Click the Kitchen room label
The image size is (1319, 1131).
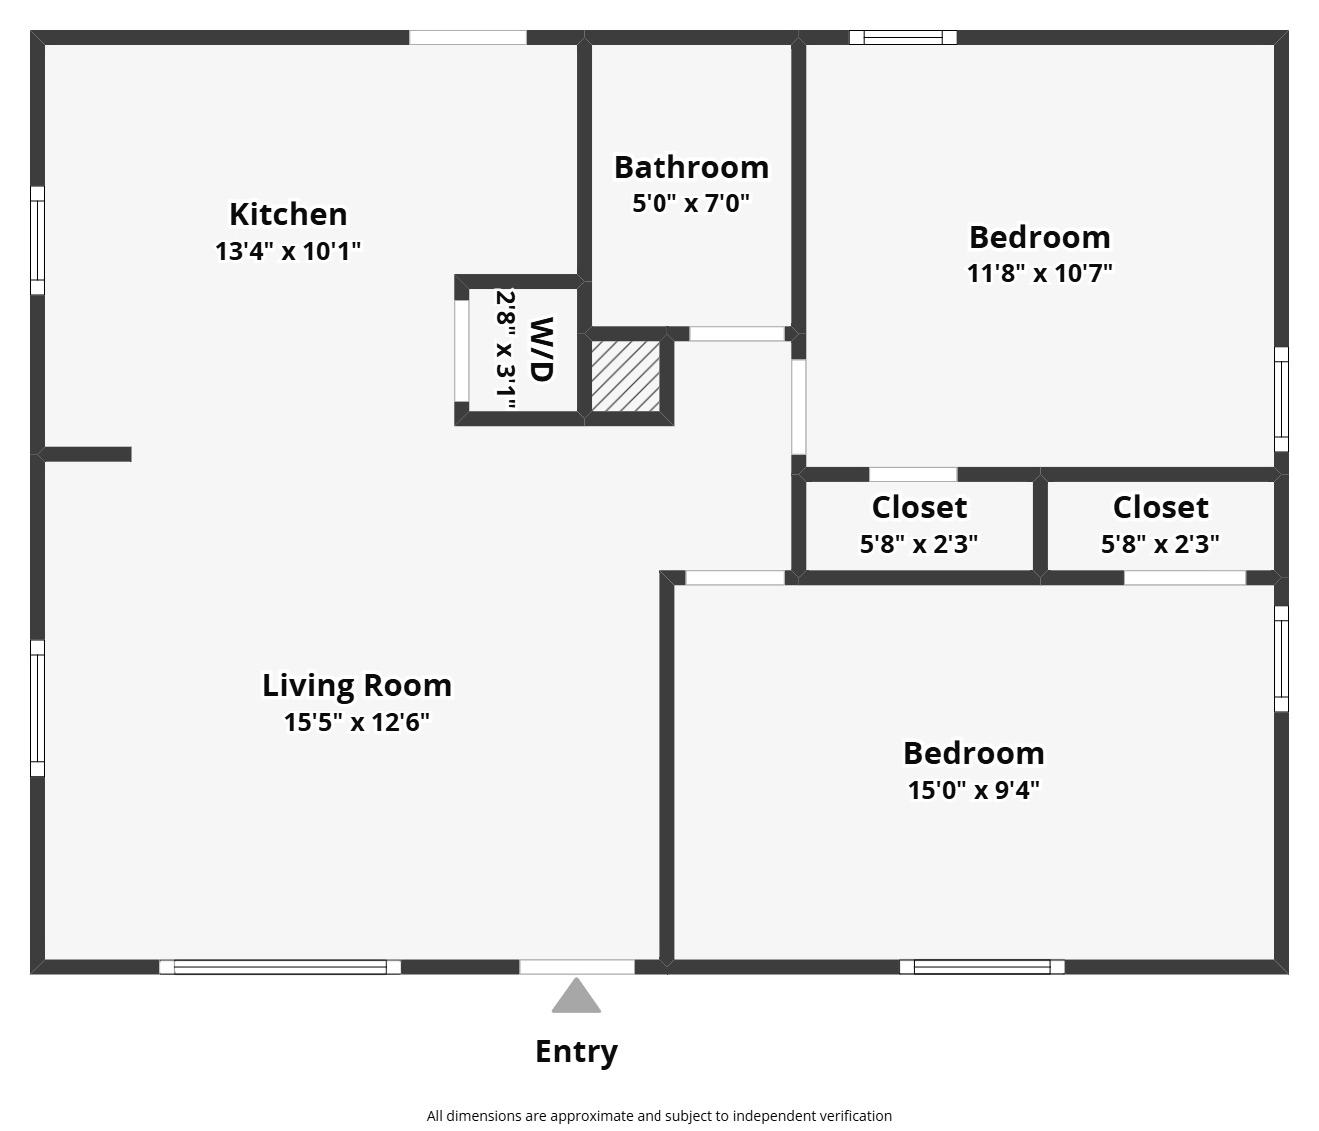(288, 215)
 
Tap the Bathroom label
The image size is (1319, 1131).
(691, 168)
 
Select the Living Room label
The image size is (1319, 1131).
(357, 686)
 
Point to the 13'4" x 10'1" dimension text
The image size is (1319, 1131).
(288, 252)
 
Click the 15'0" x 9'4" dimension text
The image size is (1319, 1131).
(974, 791)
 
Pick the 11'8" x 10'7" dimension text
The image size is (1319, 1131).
(1039, 274)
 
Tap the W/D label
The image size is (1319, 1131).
(542, 350)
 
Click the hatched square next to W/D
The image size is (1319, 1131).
(626, 376)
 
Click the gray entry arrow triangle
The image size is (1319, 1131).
(576, 995)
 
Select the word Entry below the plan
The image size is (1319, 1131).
(576, 1052)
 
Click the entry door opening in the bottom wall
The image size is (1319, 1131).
(577, 967)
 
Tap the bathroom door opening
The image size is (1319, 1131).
(737, 333)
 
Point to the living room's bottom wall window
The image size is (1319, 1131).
(280, 967)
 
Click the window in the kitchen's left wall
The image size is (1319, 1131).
(38, 241)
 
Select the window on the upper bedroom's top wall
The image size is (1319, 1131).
(903, 38)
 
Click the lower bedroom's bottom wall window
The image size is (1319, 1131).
(982, 967)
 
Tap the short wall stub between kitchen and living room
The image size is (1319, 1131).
(85, 455)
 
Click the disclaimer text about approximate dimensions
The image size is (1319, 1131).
(659, 1116)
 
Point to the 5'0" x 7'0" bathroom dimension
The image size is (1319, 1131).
(691, 204)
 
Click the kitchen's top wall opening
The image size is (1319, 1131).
(467, 38)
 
